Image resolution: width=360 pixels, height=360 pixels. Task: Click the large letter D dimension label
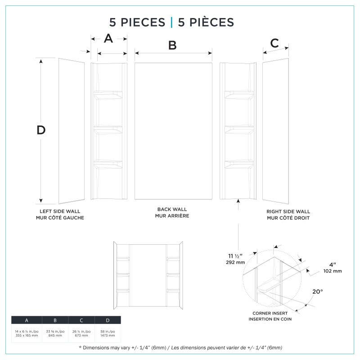pyautogui.click(x=41, y=130)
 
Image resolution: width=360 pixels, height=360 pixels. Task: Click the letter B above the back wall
pyautogui.click(x=172, y=45)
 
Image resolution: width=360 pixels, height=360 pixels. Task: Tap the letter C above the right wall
pyautogui.click(x=274, y=44)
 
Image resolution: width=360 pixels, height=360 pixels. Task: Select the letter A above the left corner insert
pyautogui.click(x=108, y=39)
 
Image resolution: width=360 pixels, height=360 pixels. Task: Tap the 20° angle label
pyautogui.click(x=317, y=292)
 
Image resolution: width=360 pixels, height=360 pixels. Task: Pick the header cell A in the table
pyautogui.click(x=27, y=320)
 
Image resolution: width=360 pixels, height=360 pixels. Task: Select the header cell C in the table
pyautogui.click(x=81, y=320)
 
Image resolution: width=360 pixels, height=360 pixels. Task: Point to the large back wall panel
pyautogui.click(x=173, y=130)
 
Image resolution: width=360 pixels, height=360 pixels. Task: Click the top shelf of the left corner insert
pyautogui.click(x=108, y=94)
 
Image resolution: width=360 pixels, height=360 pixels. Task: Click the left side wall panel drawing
pyautogui.click(x=71, y=130)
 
